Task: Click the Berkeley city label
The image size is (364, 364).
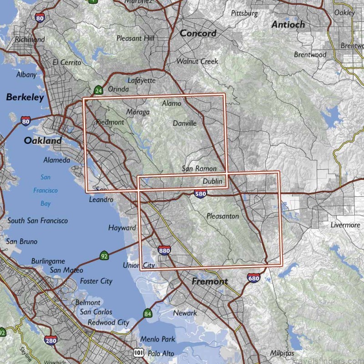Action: pyautogui.click(x=25, y=97)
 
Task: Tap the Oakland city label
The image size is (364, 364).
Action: pyautogui.click(x=42, y=141)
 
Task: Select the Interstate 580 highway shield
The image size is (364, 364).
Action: pyautogui.click(x=200, y=194)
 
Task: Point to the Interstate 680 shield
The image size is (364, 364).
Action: pyautogui.click(x=254, y=277)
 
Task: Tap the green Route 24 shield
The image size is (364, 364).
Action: pyautogui.click(x=98, y=90)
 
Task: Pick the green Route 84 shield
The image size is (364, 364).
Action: pyautogui.click(x=148, y=313)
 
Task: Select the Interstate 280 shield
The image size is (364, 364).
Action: pyautogui.click(x=51, y=341)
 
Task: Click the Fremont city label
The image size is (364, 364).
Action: pyautogui.click(x=209, y=281)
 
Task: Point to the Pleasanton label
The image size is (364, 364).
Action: pyautogui.click(x=222, y=216)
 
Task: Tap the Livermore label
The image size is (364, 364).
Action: pyautogui.click(x=345, y=225)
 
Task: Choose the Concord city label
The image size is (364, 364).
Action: pyautogui.click(x=198, y=33)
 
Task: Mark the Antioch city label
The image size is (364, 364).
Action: pyautogui.click(x=288, y=25)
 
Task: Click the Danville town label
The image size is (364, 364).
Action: pyautogui.click(x=185, y=123)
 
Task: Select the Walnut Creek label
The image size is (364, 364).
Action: pyautogui.click(x=197, y=61)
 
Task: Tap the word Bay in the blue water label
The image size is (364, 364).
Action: pyautogui.click(x=45, y=203)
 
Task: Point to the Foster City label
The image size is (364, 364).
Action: pyautogui.click(x=96, y=281)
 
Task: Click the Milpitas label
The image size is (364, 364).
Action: pyautogui.click(x=281, y=353)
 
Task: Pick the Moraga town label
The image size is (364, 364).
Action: pyautogui.click(x=138, y=112)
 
